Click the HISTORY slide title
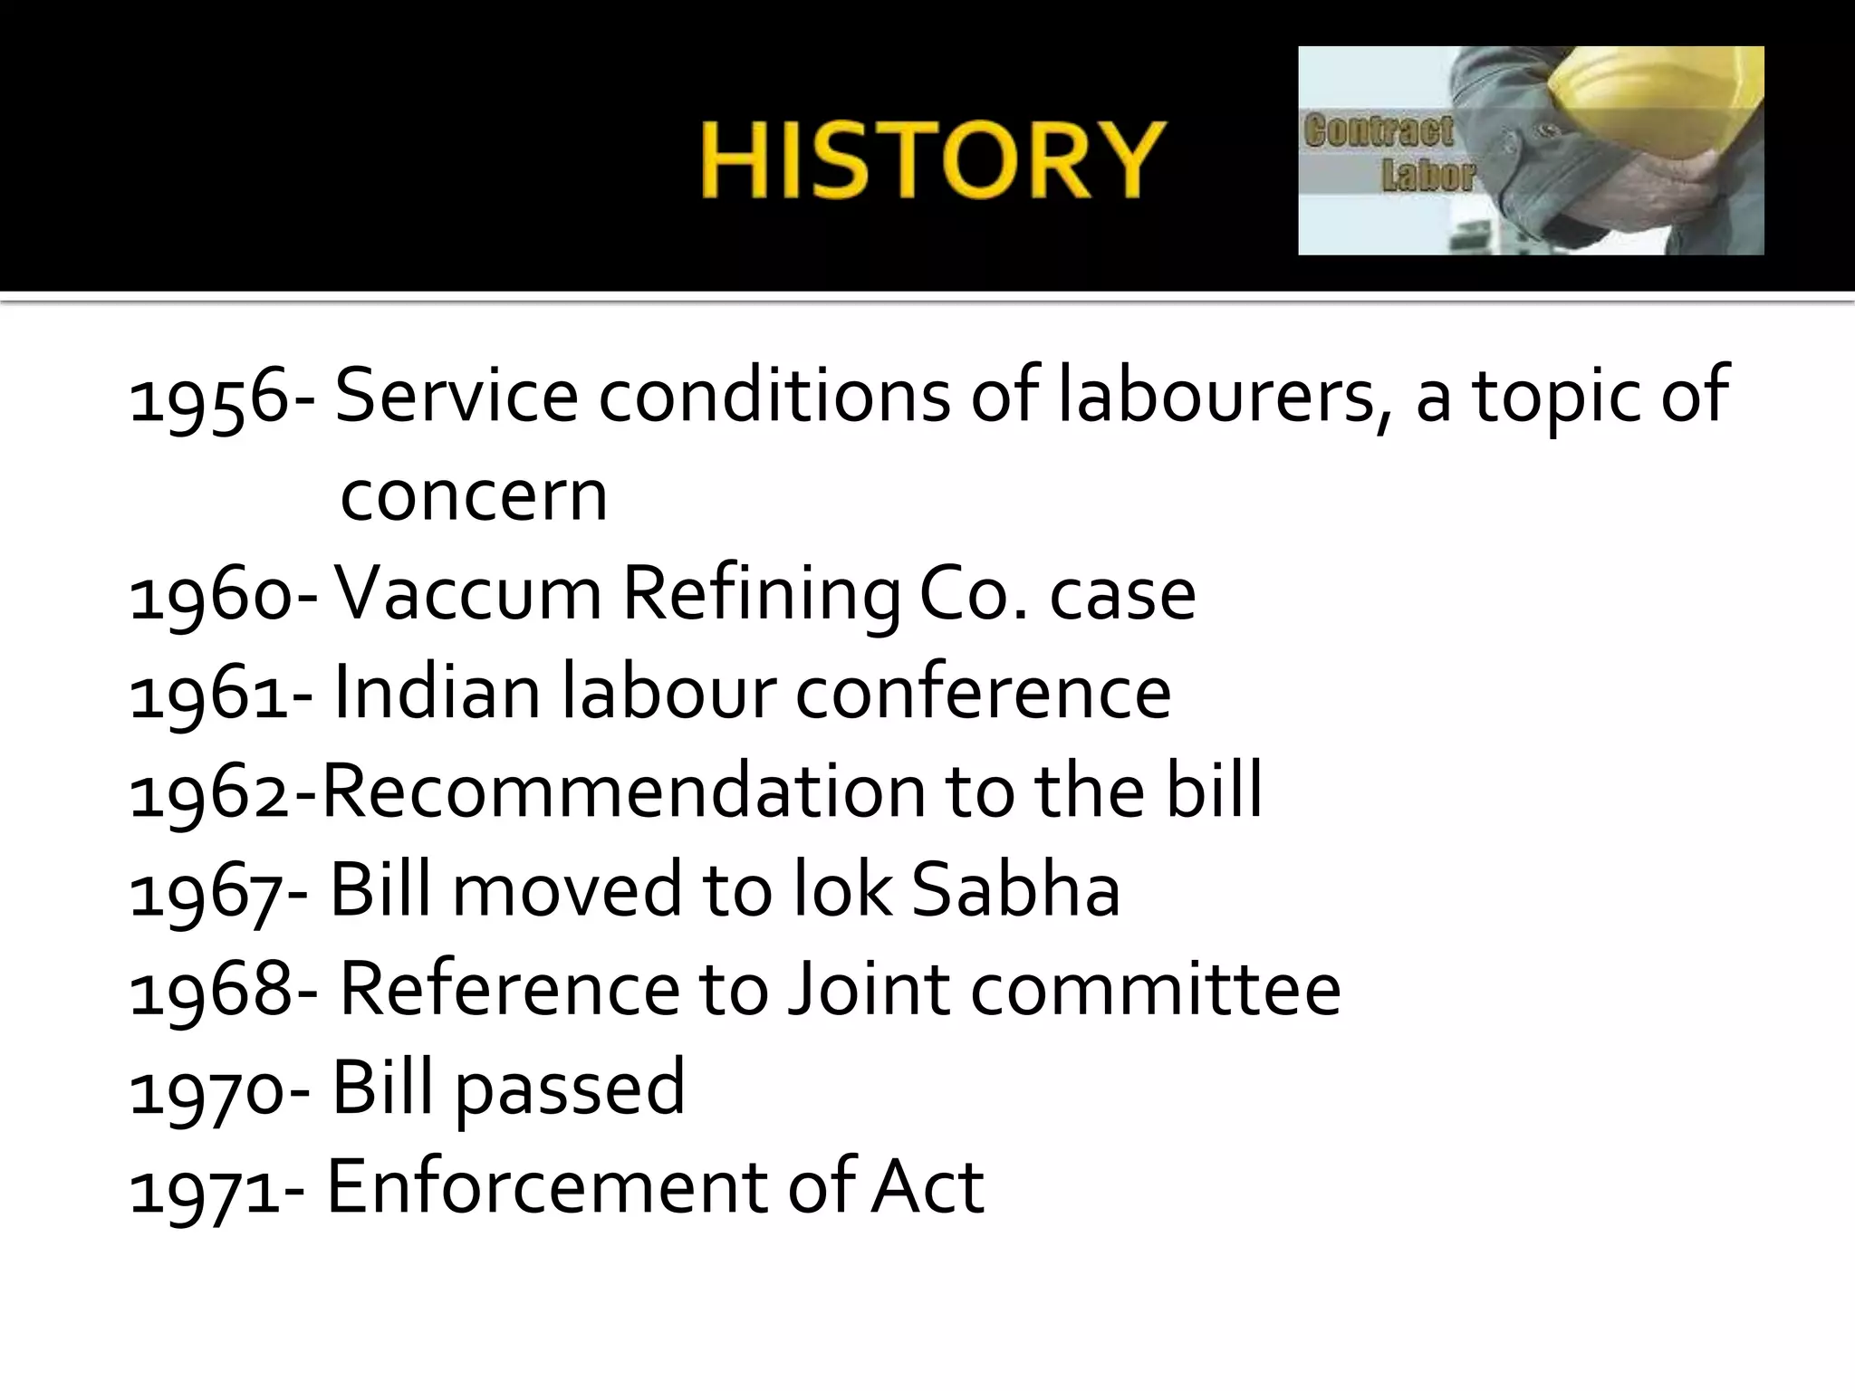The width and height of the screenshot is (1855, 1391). [932, 160]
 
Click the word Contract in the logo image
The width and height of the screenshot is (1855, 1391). [1378, 132]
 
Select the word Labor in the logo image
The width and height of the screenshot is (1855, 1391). [1428, 176]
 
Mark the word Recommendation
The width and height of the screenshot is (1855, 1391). [624, 791]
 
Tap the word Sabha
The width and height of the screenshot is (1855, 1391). [1015, 889]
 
